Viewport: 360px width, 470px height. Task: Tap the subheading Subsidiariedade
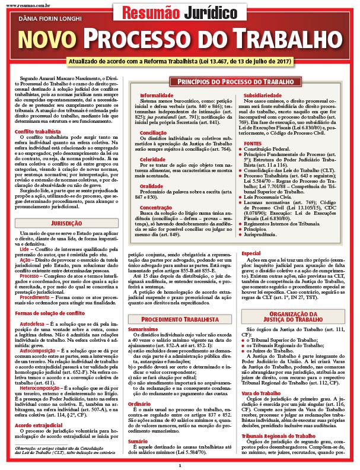[263, 94]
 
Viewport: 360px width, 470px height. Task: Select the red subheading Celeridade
[153, 159]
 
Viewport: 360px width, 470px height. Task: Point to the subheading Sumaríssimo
[142, 328]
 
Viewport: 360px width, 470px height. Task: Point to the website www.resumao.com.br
[22, 3]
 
